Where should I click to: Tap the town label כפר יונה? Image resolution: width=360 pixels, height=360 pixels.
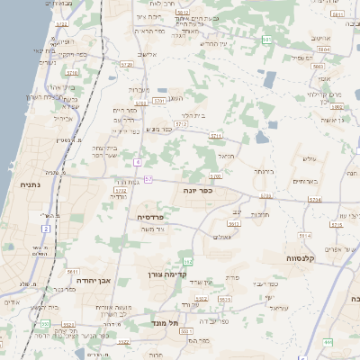tap(207, 190)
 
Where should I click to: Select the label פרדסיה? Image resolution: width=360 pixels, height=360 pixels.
tap(148, 217)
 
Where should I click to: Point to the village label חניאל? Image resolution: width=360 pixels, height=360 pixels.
tap(225, 155)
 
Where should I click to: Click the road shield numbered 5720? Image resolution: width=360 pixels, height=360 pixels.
tap(125, 65)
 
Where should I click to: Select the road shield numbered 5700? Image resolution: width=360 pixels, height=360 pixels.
tap(215, 175)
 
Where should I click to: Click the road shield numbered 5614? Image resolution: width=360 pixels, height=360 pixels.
tap(314, 200)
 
